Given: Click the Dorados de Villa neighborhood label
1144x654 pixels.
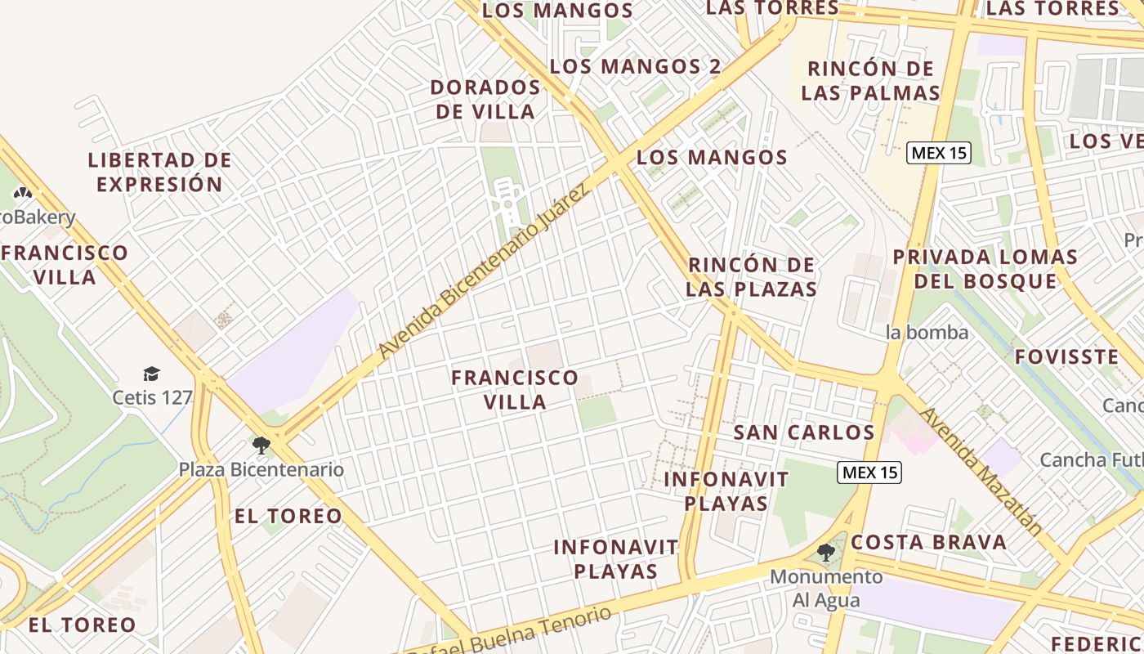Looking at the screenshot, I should (485, 99).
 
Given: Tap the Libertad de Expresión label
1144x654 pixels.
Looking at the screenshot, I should (159, 172).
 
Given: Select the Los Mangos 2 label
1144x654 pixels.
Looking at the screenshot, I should (635, 66).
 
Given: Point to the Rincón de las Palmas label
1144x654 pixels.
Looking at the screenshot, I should (870, 80).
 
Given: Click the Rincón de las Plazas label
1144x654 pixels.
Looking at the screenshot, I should (751, 277).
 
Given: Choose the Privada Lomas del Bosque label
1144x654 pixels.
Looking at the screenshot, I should (985, 269).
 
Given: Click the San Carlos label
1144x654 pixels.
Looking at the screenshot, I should (804, 432).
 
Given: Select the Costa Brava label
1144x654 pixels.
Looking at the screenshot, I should (928, 542).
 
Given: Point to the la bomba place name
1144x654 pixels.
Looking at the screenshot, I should (927, 333).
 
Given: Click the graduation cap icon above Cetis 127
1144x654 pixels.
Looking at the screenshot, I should (151, 374).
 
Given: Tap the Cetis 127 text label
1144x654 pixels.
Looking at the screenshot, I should (153, 398).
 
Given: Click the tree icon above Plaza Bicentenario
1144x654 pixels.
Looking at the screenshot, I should (261, 446).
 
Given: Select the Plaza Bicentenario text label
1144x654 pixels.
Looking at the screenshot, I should (261, 470).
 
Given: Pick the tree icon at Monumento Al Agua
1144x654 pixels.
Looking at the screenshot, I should (826, 553).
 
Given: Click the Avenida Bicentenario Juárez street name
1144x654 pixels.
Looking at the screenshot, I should (483, 273).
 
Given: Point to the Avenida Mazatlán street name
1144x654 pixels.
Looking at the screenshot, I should (981, 472).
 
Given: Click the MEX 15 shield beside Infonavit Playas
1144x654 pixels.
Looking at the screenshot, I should (869, 472).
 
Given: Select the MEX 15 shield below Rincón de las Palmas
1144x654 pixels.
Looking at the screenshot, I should (939, 153).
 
